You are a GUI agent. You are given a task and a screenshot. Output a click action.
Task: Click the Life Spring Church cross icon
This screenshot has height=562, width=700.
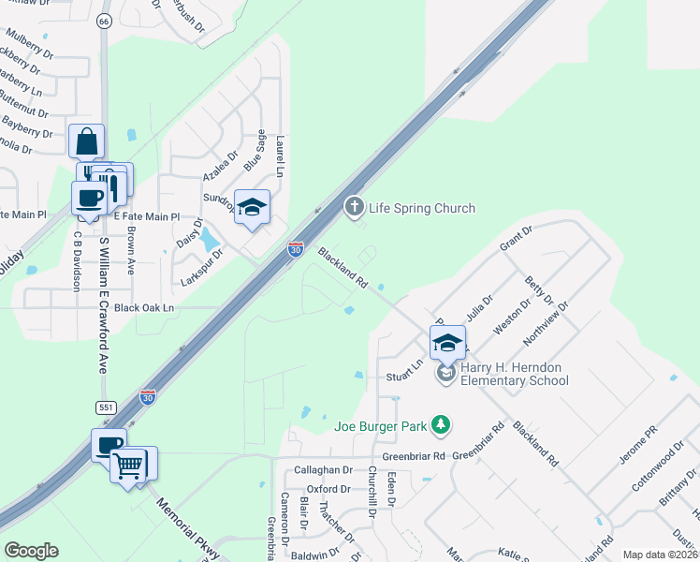tap(354, 207)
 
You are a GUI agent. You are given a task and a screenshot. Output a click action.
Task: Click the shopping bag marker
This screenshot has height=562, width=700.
tap(86, 141)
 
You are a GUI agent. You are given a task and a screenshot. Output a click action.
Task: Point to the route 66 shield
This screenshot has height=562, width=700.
tap(103, 21)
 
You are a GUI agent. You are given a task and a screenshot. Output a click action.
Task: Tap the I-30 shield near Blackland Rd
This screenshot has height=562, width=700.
tap(295, 249)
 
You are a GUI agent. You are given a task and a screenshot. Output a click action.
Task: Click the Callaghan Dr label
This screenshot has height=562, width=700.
tap(322, 471)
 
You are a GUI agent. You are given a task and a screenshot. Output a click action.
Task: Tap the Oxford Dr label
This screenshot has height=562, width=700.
tap(328, 489)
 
